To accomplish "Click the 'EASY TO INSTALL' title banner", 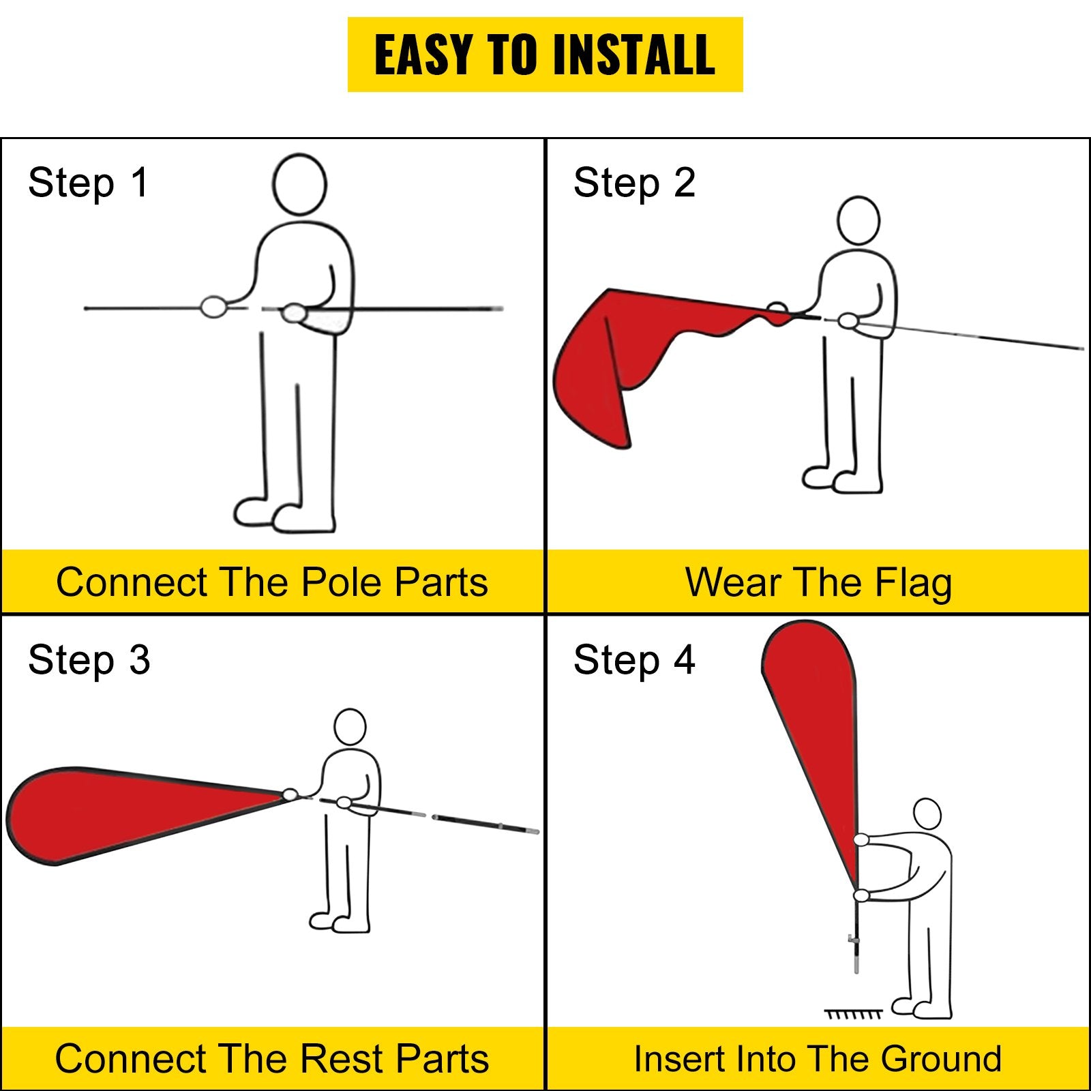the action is pos(545,55).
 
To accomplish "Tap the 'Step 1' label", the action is pos(88,183).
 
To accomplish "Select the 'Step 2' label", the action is pos(634,183).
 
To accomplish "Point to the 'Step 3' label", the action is pos(89,660).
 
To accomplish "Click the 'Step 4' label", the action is pos(634,660).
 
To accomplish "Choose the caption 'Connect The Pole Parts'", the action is pos(272,582).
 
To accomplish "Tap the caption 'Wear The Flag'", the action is pos(818,583).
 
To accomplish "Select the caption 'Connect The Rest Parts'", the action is pos(272,1059).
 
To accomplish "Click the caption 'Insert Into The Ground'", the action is pos(818,1059).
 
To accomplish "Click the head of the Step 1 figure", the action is pos(299,185).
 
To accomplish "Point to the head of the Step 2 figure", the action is pos(858,220).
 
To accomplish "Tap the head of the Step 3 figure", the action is pos(350,727).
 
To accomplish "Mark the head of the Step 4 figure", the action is pos(927,816).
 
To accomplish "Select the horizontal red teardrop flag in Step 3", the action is pos(136,815).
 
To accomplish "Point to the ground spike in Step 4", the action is pos(855,951).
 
